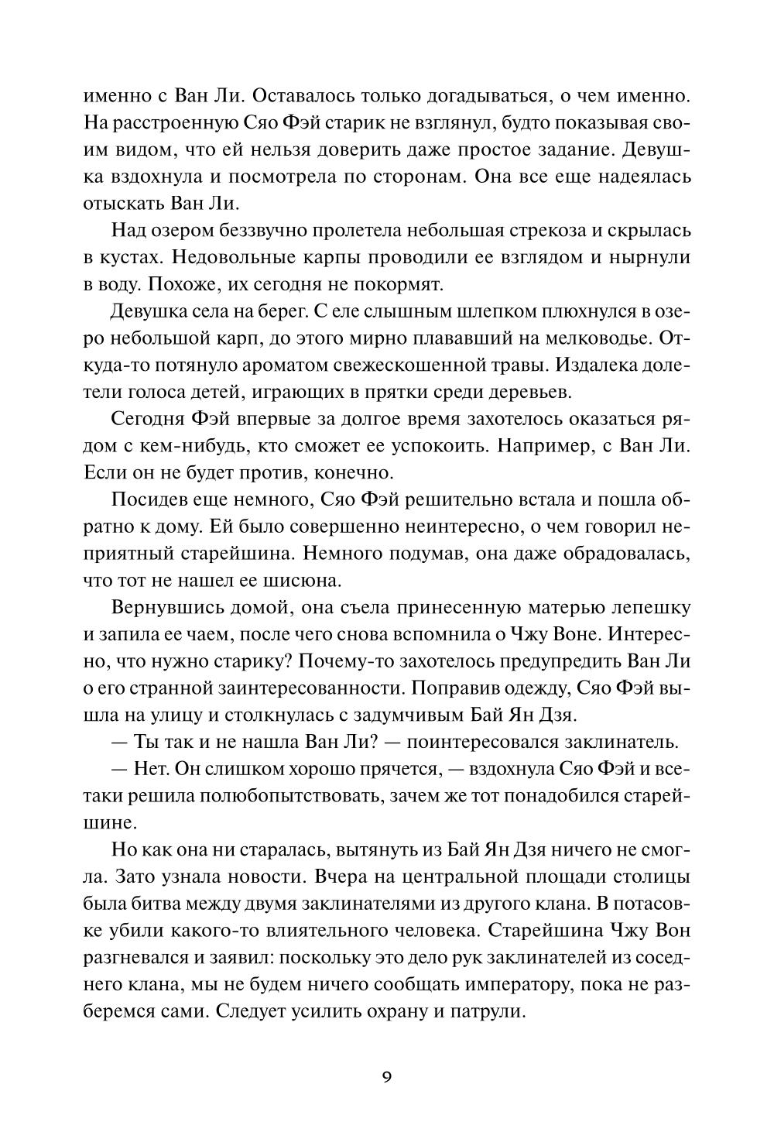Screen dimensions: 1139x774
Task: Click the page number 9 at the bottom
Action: (x=387, y=1077)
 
